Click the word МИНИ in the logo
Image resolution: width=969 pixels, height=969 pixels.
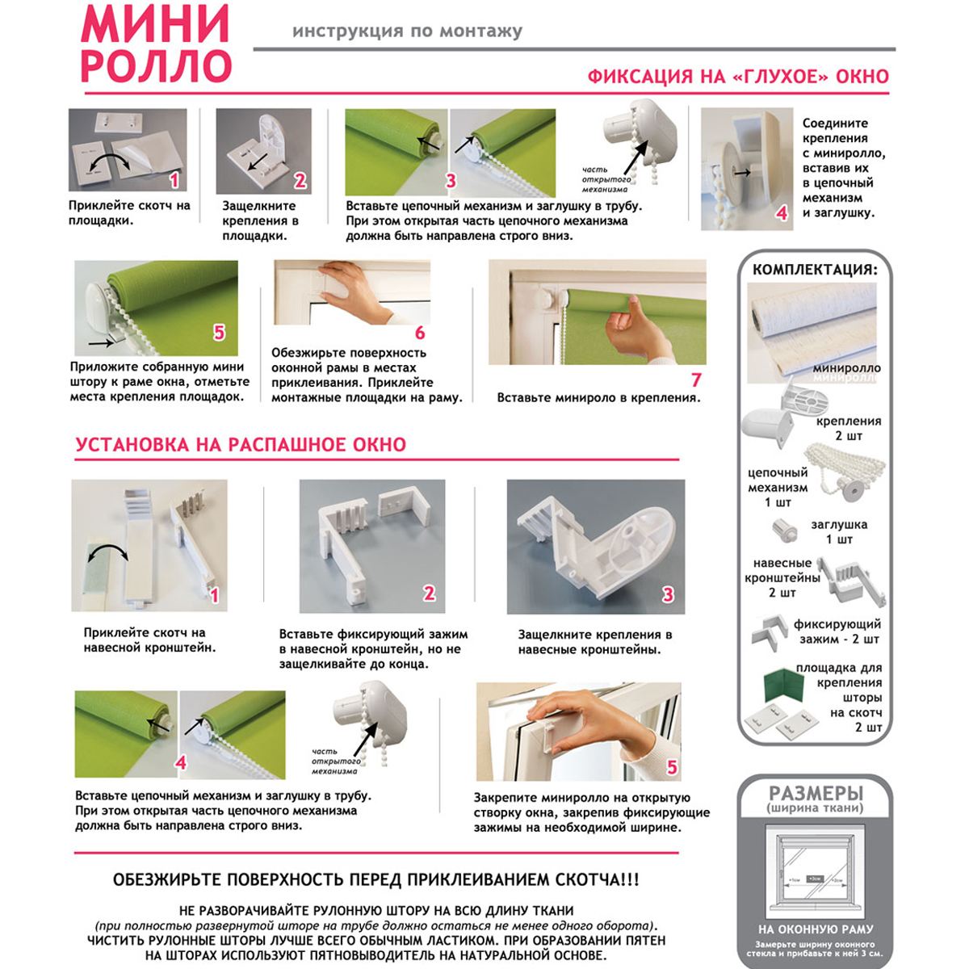coord(155,24)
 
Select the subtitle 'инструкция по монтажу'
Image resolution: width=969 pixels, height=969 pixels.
coord(407,31)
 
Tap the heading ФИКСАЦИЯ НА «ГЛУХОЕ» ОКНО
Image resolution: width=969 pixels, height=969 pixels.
coord(737,77)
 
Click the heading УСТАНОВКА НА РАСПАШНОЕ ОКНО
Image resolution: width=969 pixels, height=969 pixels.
coord(241,445)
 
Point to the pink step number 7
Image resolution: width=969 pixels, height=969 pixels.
coord(695,380)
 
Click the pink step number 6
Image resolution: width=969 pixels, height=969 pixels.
coord(420,333)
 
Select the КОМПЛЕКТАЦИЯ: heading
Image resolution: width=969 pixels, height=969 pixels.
coord(814,270)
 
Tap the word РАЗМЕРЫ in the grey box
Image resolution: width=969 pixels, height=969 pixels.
coord(816,793)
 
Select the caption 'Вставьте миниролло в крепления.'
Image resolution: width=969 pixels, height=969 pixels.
coord(598,397)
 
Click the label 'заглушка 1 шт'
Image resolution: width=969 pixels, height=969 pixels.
coord(839,531)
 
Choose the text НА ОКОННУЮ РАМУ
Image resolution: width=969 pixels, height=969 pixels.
coord(816,929)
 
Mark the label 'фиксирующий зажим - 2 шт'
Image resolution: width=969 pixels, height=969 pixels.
coord(837,631)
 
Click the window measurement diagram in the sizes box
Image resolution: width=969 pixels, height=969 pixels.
coord(816,876)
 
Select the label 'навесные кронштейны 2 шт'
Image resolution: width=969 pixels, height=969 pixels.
coord(782,577)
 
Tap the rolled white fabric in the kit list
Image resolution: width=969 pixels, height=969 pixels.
coord(812,319)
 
